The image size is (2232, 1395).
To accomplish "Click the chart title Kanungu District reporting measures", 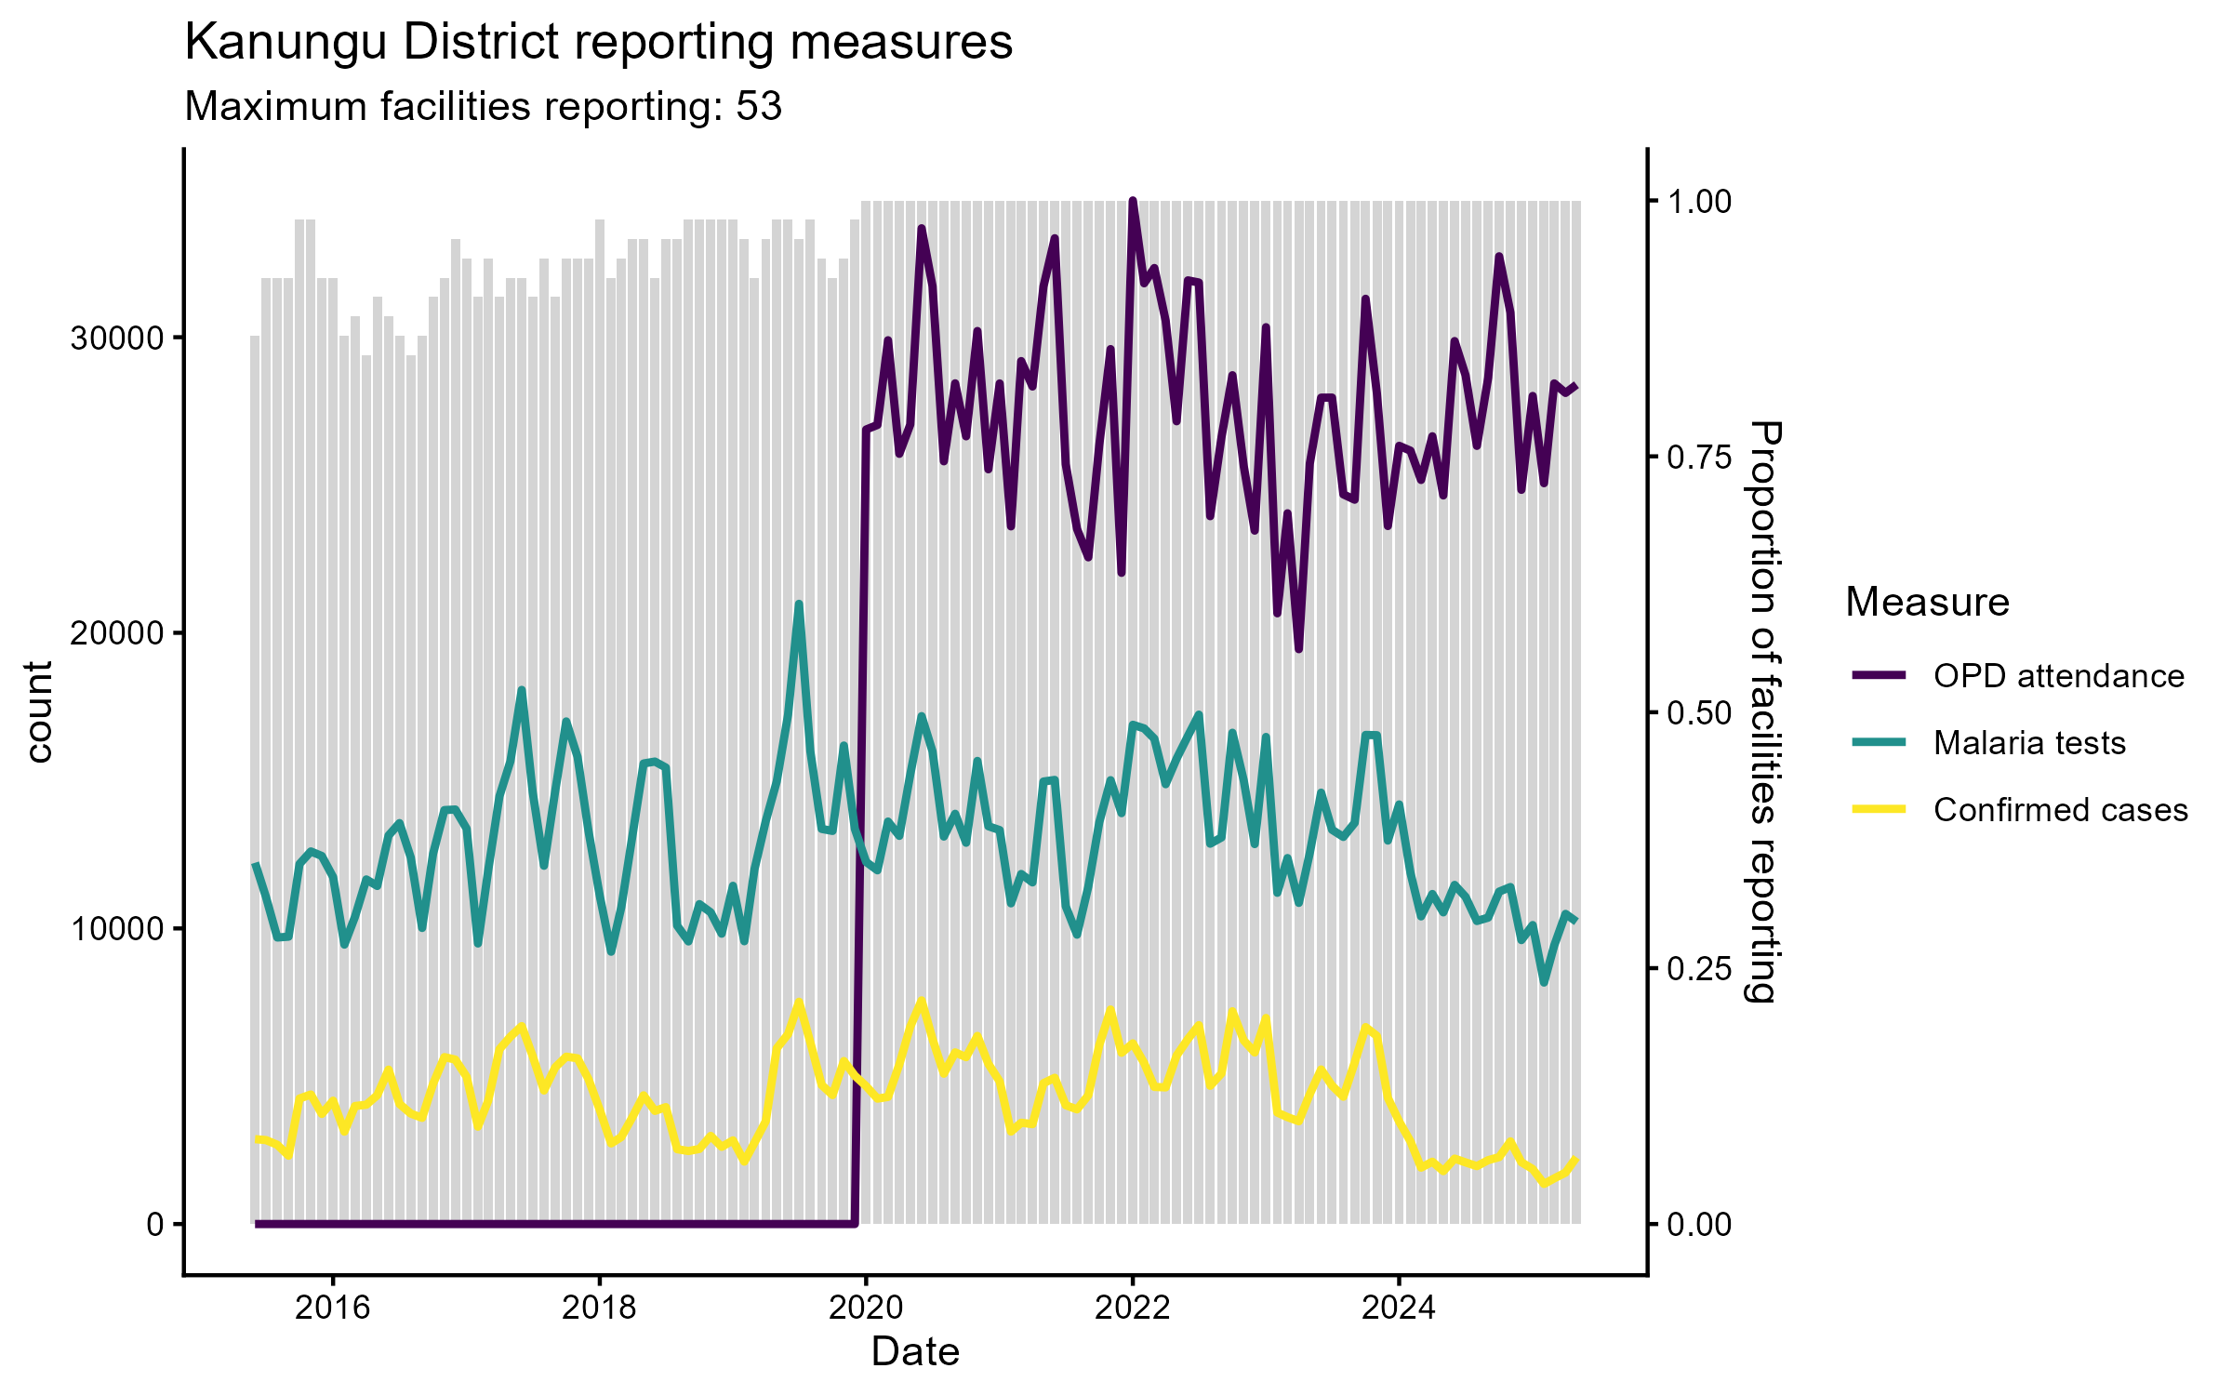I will coord(598,43).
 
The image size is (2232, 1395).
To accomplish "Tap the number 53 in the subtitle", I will coord(759,107).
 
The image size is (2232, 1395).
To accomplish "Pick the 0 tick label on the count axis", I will coord(155,1225).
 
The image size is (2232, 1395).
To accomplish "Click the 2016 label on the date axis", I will coord(333,1309).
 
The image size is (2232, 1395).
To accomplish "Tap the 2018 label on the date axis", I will coord(600,1309).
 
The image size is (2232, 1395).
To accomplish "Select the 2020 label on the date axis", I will coord(866,1309).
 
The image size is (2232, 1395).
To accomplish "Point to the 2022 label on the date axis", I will coord(1133,1309).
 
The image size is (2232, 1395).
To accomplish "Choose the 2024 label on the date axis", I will coord(1399,1309).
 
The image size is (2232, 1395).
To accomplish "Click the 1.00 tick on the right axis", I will coord(1699,202).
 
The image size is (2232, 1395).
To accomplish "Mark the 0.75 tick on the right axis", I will coord(1699,457).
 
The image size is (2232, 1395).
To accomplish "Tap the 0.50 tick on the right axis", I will coord(1699,713).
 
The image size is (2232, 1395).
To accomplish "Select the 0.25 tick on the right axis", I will coord(1699,969).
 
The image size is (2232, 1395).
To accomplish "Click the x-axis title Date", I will coord(915,1352).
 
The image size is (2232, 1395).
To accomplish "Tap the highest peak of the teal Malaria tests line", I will coord(799,604).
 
